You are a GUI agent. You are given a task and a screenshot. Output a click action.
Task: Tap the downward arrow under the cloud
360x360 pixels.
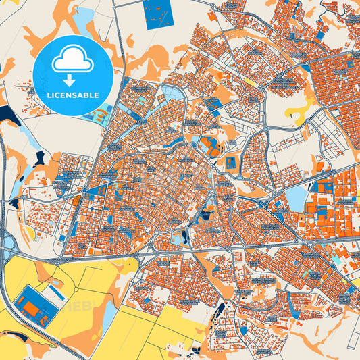(x=73, y=80)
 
